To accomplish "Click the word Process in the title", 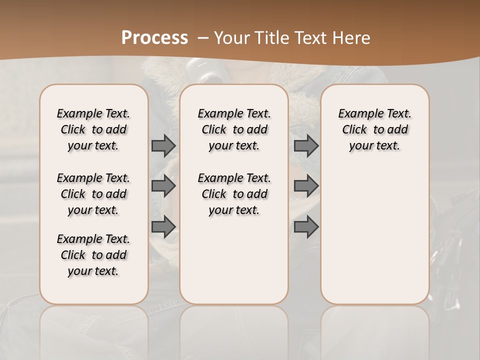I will (154, 37).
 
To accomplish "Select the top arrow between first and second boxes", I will (163, 145).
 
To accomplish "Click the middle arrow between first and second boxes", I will (163, 186).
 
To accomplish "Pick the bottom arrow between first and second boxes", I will (163, 226).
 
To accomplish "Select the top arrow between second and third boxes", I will (306, 145).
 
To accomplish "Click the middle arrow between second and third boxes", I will (306, 186).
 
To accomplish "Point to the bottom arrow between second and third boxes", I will (306, 226).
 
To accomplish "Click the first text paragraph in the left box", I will (93, 129).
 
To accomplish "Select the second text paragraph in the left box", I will (93, 194).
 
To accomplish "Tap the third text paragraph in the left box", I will (93, 255).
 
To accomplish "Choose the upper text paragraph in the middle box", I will (234, 129).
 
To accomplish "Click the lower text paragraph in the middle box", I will (234, 194).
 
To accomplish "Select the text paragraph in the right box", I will (375, 129).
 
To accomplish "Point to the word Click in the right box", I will (355, 130).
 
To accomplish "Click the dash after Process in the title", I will (203, 38).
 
